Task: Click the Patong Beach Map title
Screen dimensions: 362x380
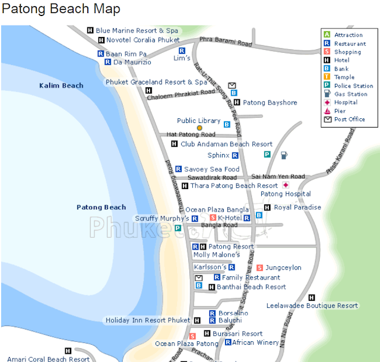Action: [x=61, y=10]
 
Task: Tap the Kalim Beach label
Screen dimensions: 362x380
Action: [x=61, y=86]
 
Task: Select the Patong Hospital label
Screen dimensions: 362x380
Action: [x=286, y=194]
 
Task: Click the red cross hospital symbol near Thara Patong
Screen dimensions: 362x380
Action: [x=286, y=185]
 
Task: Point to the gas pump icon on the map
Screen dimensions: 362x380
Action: [x=284, y=155]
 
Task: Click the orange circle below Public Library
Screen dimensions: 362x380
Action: [x=199, y=128]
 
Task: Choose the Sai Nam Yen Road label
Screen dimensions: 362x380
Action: [x=278, y=177]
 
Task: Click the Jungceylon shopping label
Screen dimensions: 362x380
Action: [x=283, y=268]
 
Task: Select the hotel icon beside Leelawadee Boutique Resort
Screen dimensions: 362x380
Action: [x=312, y=297]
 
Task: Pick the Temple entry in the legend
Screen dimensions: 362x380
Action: [x=344, y=77]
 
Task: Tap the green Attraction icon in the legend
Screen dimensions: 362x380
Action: [x=327, y=35]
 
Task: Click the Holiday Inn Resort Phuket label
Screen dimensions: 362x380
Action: [x=148, y=320]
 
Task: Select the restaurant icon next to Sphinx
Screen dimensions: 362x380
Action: [x=235, y=155]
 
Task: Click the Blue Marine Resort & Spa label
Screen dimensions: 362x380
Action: [x=137, y=30]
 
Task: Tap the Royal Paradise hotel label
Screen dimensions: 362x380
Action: [x=297, y=207]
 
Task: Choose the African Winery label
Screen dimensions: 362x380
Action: [x=255, y=342]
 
